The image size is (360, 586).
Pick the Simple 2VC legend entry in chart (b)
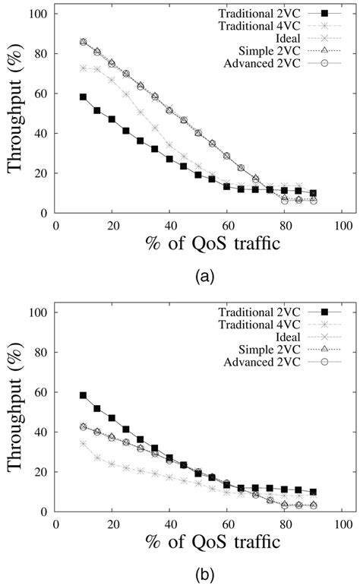tap(254, 349)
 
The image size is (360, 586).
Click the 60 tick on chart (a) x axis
tap(228, 225)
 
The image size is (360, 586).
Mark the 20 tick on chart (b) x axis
tap(112, 524)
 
